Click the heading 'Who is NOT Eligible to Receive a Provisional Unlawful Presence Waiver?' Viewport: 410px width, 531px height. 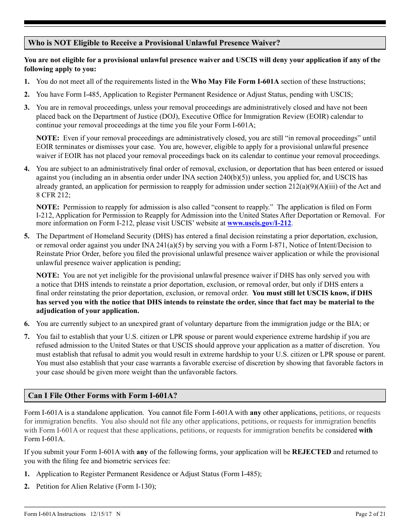click(x=154, y=43)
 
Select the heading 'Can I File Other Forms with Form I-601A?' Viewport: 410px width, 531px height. click(x=102, y=395)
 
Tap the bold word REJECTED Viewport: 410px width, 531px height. click(x=312, y=452)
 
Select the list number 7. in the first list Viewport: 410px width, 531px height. click(x=27, y=336)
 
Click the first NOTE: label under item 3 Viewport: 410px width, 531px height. click(x=47, y=138)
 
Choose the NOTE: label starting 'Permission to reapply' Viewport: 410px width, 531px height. click(x=47, y=207)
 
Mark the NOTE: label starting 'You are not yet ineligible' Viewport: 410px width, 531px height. click(x=47, y=275)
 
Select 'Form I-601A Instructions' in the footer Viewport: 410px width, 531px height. click(x=55, y=514)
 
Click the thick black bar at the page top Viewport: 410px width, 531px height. click(x=205, y=22)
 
